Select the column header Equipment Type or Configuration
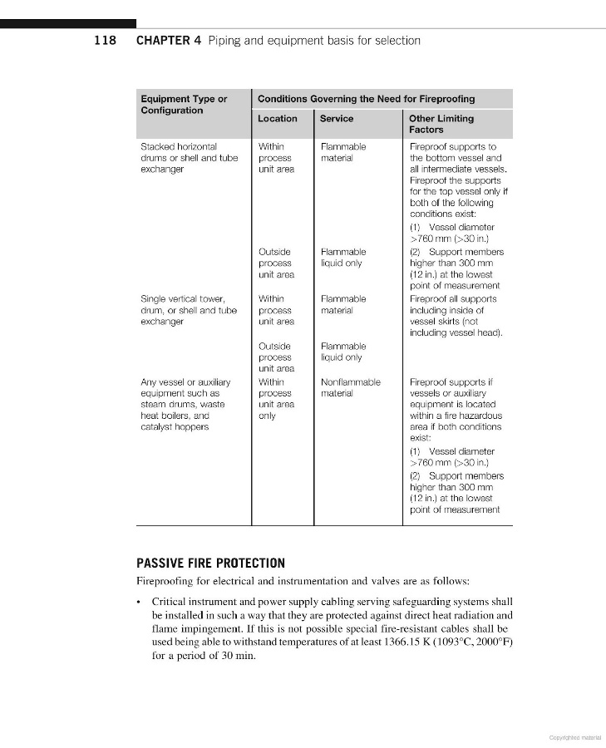tap(184, 105)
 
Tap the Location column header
tap(278, 119)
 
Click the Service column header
tap(337, 119)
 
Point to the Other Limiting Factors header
tap(441, 124)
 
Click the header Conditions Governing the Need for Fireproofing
tap(367, 99)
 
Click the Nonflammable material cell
tap(351, 387)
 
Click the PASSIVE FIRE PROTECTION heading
tap(210, 563)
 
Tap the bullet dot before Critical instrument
tap(140, 601)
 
